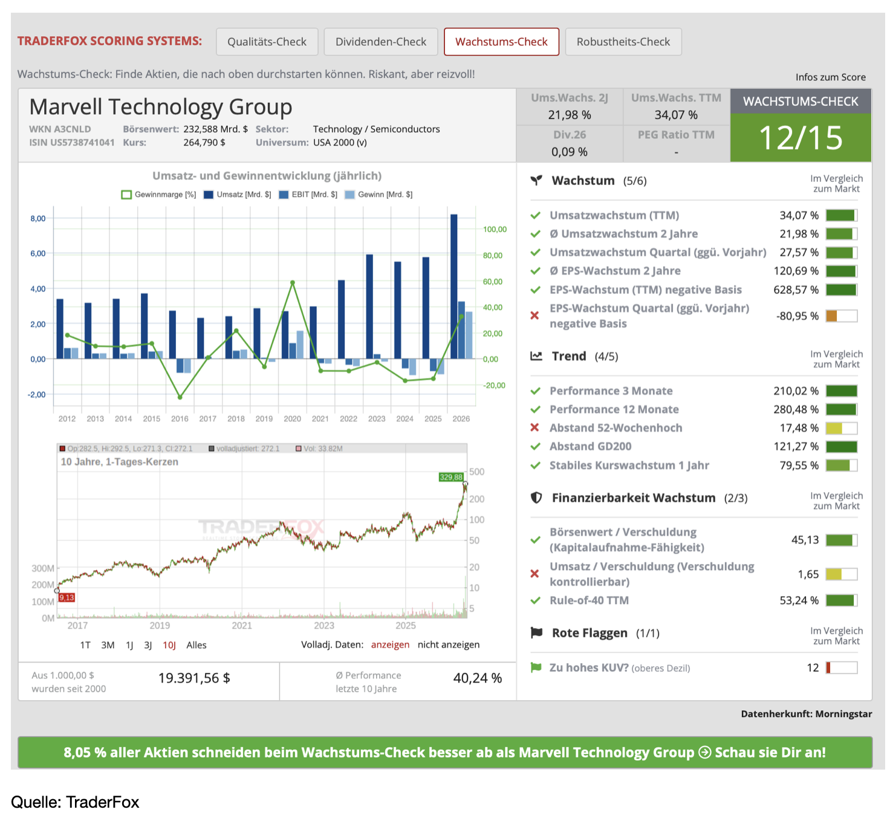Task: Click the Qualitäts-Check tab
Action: coord(267,42)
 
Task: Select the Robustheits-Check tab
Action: coord(623,42)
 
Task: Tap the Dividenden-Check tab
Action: coord(380,42)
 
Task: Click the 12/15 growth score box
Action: coord(801,138)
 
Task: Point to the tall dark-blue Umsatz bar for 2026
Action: coord(453,287)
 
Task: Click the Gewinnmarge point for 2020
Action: coord(293,283)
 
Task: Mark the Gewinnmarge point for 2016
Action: coord(180,397)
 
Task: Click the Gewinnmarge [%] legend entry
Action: coord(158,195)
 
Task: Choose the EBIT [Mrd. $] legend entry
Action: coord(308,195)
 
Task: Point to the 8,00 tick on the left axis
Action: coord(38,218)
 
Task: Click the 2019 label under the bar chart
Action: coord(264,418)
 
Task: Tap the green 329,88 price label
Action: coord(451,477)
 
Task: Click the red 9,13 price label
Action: coord(67,597)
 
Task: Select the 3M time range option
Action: coord(108,645)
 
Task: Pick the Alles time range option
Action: coord(197,645)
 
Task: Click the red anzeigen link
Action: coord(390,644)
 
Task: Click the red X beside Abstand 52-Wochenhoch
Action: coord(534,427)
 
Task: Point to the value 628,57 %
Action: coord(796,290)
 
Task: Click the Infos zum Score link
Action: coord(830,77)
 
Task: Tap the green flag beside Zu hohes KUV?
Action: coord(536,667)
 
